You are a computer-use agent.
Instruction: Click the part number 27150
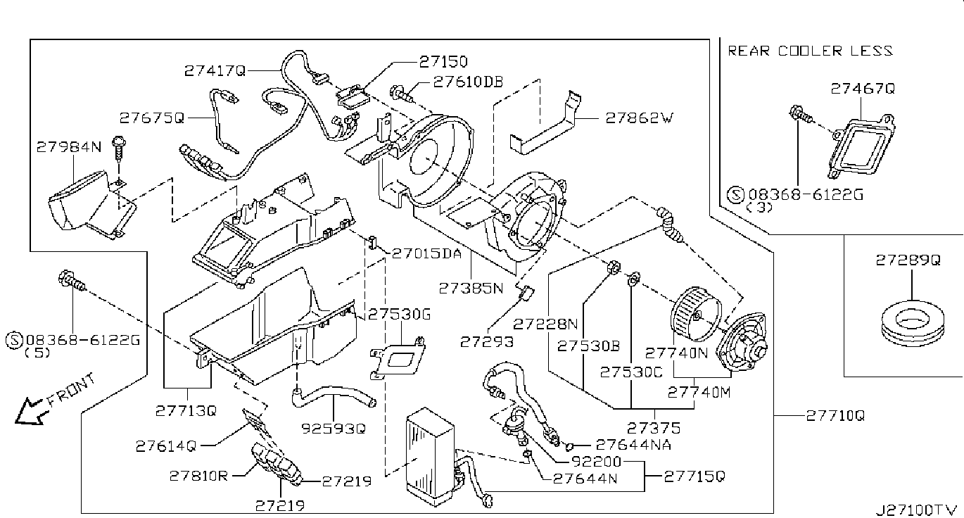click(443, 62)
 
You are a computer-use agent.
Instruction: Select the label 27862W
click(640, 118)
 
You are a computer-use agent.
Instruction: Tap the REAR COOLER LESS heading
click(810, 51)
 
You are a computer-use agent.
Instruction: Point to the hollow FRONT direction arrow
click(30, 412)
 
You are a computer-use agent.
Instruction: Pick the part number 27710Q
click(835, 416)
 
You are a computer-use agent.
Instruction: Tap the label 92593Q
click(333, 429)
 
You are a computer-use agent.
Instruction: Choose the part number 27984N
click(69, 147)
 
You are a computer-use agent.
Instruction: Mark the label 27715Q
click(695, 476)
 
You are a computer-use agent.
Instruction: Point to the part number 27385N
click(471, 288)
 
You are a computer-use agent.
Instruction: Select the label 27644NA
click(633, 445)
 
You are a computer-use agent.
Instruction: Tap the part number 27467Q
click(863, 89)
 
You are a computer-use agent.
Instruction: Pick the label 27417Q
click(215, 70)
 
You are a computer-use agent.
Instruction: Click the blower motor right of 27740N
click(741, 344)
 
